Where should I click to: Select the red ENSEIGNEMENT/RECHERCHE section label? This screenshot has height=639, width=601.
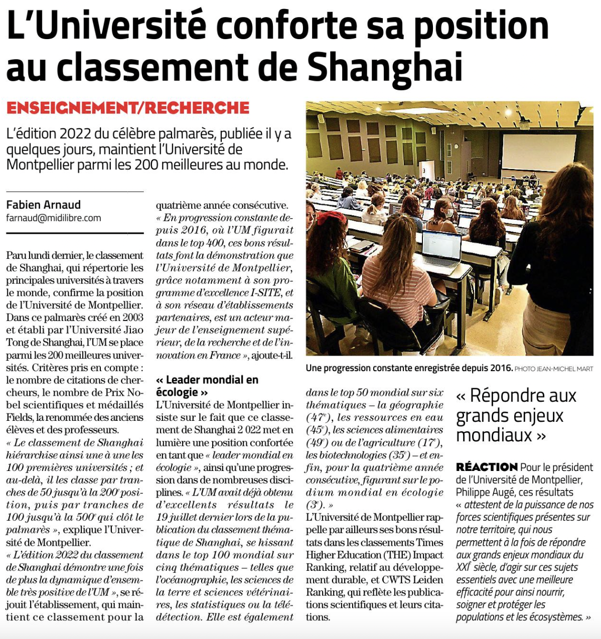[x=128, y=108]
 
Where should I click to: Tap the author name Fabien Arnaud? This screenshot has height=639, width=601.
[x=43, y=205]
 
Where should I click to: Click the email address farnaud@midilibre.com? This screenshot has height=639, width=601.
[x=54, y=218]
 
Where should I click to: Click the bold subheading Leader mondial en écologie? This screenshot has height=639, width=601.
[x=207, y=386]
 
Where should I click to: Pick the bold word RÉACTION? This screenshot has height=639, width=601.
[x=487, y=467]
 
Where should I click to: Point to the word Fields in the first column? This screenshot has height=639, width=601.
[x=19, y=417]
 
